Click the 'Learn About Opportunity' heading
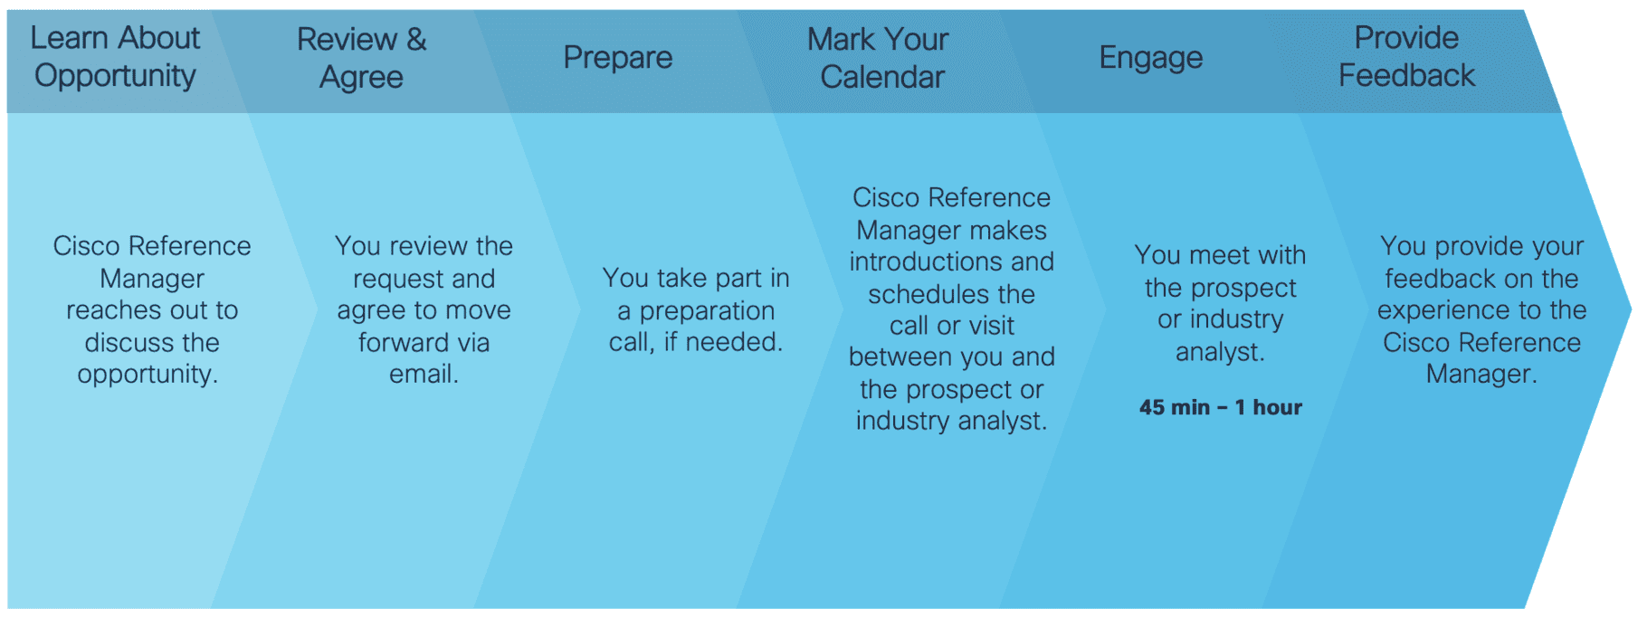click(115, 56)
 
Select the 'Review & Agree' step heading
click(362, 58)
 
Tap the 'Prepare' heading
click(618, 58)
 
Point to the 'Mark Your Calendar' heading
click(879, 58)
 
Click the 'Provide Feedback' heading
click(1407, 56)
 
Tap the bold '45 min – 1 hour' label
click(1221, 407)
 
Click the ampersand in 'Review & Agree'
click(416, 40)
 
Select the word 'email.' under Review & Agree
click(424, 374)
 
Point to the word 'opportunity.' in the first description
click(148, 375)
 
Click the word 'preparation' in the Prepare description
click(708, 311)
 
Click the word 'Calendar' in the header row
click(882, 77)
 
